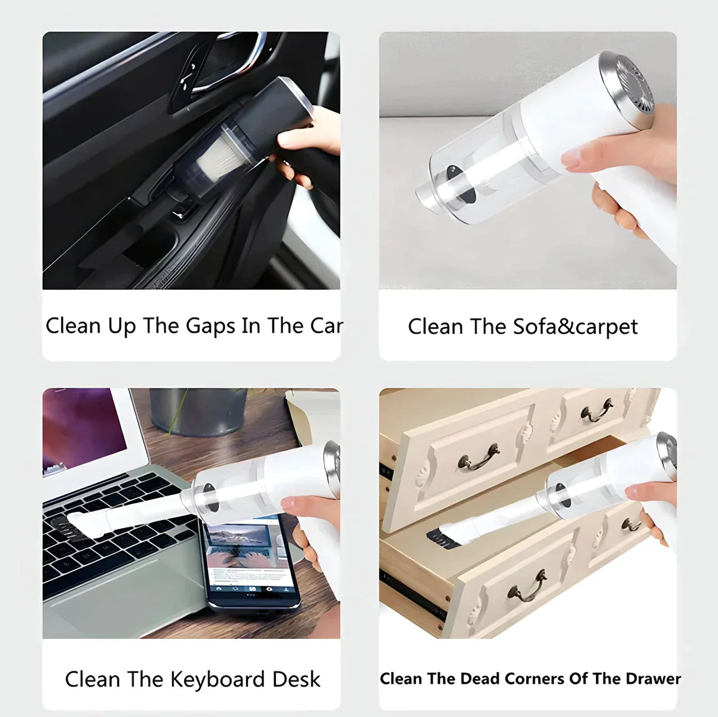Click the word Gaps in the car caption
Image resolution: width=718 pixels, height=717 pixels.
pyautogui.click(x=210, y=326)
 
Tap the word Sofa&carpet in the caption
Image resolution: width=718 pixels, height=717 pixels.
pyautogui.click(x=575, y=327)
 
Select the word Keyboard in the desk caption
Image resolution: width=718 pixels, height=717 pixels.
pyautogui.click(x=217, y=679)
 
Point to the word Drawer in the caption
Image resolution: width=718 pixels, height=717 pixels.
pyautogui.click(x=651, y=679)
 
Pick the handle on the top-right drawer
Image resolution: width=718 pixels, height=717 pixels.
pyautogui.click(x=596, y=410)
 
